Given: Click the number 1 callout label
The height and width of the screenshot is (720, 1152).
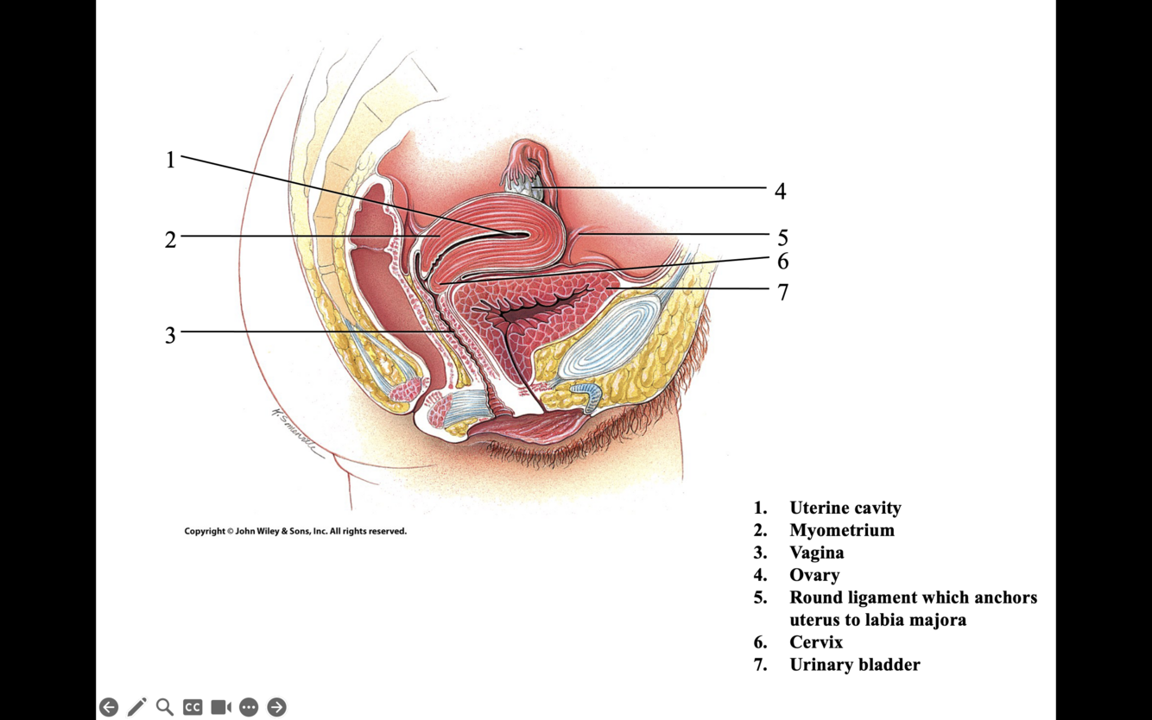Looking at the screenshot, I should click(x=170, y=160).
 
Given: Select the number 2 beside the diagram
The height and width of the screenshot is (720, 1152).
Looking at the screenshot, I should click(x=170, y=239).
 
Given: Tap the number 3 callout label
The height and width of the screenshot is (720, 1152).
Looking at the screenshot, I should click(x=170, y=335).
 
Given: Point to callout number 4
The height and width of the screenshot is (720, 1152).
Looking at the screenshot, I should click(x=780, y=192).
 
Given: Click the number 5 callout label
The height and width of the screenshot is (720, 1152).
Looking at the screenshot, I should click(x=782, y=237).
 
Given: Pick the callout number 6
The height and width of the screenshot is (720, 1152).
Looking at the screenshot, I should click(x=782, y=261).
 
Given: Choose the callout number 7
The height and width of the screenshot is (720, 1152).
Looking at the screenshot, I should click(x=782, y=293).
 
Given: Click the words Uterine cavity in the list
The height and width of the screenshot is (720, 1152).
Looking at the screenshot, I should click(x=845, y=508).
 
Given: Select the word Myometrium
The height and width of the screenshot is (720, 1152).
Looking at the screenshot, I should click(x=841, y=530).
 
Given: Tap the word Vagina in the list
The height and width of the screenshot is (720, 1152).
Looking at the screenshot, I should click(x=816, y=553).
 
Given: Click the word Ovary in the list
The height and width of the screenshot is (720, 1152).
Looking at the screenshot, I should click(x=813, y=575).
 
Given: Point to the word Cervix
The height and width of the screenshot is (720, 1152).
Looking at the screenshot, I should click(x=815, y=642).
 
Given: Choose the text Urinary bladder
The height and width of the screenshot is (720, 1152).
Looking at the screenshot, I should click(x=854, y=665).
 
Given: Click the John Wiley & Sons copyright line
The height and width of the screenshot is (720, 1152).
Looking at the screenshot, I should click(x=295, y=531).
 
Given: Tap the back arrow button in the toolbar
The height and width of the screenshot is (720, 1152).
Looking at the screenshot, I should click(x=109, y=707).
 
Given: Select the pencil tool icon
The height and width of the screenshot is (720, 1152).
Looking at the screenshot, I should click(x=136, y=707).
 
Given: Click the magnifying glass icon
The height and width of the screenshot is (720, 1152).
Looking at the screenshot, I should click(x=165, y=707).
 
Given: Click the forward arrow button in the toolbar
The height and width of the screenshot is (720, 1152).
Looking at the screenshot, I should click(x=276, y=707).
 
